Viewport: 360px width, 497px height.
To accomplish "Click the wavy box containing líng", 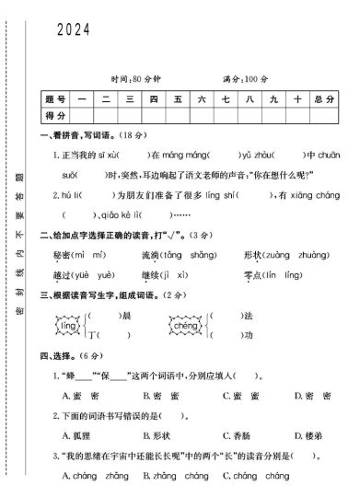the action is pos(66,326).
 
